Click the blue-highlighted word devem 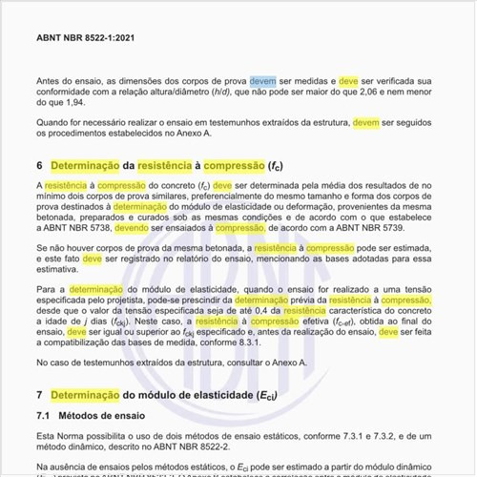pos(262,82)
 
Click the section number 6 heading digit pos(39,166)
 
